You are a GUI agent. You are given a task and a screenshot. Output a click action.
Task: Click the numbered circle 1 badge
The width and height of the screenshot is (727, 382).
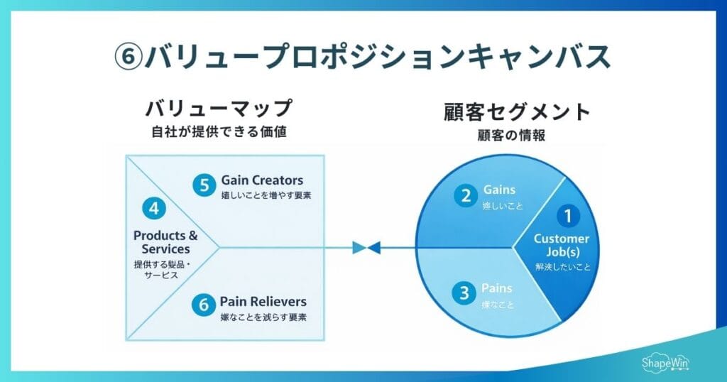pos(567,215)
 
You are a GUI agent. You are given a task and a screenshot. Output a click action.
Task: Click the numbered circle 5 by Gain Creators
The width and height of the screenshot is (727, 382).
pos(204,185)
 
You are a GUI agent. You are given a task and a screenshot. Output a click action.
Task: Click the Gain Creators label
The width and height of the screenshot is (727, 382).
pos(262,180)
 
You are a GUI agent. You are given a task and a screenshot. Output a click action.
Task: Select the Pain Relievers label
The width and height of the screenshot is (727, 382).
pos(263,301)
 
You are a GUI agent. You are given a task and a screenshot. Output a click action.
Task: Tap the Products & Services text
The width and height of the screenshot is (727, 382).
pos(165,242)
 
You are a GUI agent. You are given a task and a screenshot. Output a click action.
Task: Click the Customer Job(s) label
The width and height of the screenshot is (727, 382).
pos(562,245)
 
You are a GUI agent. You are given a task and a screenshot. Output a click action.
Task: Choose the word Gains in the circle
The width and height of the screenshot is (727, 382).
pos(499,190)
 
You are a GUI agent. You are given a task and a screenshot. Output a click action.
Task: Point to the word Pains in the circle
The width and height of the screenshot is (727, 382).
pos(497,288)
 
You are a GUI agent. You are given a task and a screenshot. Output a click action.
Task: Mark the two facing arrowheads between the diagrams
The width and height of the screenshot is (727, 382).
pos(366,248)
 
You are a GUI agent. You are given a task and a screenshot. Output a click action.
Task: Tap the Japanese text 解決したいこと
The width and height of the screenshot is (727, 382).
pos(563,268)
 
